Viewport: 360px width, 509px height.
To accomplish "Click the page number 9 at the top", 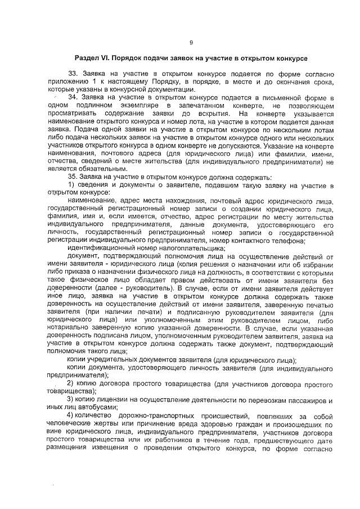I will pyautogui.click(x=191, y=43).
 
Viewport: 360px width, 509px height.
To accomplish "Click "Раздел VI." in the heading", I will pyautogui.click(x=93, y=58).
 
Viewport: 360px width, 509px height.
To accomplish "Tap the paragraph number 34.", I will pyautogui.click(x=73, y=97).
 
